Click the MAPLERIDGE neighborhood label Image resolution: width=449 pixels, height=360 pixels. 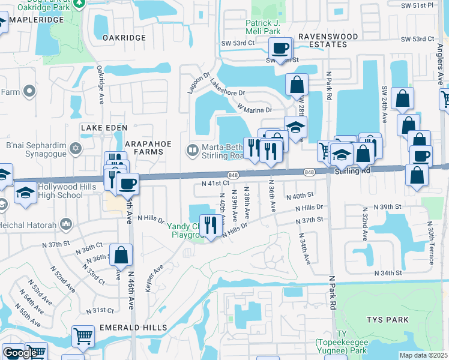(x=36, y=20)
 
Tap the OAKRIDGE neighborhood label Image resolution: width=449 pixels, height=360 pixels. (x=124, y=37)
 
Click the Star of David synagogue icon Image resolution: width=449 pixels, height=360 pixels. (x=76, y=148)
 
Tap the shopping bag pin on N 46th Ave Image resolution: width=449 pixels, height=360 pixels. (x=121, y=254)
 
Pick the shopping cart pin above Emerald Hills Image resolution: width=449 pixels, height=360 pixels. (x=83, y=336)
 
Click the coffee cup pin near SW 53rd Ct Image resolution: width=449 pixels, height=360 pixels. (x=279, y=49)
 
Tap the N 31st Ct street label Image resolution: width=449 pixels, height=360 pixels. (x=100, y=310)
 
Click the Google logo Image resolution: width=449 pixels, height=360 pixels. (x=20, y=353)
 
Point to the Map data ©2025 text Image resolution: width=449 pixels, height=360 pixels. (x=423, y=355)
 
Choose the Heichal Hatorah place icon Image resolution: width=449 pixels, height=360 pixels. (x=65, y=226)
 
